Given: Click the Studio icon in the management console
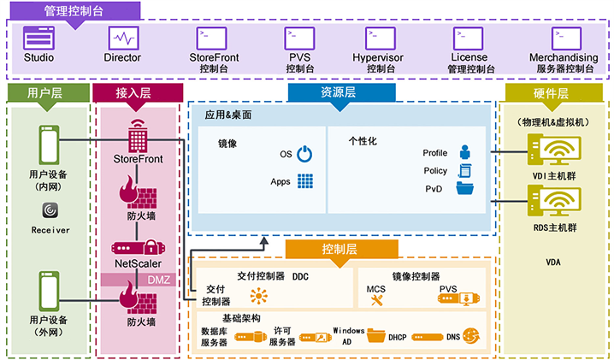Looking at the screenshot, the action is pos(38,38).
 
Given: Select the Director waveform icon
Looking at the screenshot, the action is pos(123,38).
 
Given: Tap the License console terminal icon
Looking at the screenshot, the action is pos(469,38).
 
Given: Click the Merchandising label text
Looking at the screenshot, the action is pos(564,57).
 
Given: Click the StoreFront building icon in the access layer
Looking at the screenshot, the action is pos(138,136).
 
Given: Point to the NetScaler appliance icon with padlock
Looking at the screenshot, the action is pos(138,248).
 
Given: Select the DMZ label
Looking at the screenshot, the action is pos(158,280).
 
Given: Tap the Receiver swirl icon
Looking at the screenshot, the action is pos(50,210).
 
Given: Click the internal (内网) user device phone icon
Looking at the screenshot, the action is pos(49,145).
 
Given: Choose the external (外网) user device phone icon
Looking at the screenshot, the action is pos(49,292).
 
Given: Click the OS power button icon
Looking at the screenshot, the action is pos(304,154).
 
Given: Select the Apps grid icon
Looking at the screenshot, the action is pos(305,181).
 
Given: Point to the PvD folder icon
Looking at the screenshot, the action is pos(465,188).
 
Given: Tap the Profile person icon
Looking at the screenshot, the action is pos(465,152).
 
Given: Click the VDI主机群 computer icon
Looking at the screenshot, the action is pos(553,150).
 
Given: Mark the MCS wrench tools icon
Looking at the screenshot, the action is pos(376,300).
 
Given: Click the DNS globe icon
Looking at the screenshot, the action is pos(470,336).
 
